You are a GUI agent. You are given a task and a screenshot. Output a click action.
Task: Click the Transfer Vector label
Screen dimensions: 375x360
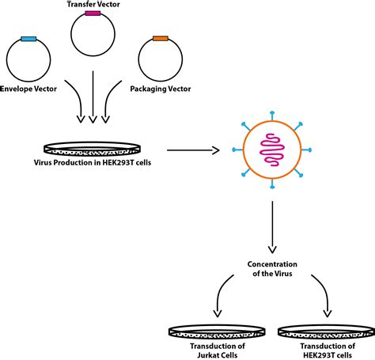[x=93, y=4]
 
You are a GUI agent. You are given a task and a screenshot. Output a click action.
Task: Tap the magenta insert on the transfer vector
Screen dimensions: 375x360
[x=93, y=13]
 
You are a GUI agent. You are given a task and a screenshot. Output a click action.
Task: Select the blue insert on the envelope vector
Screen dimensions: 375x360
[x=28, y=39]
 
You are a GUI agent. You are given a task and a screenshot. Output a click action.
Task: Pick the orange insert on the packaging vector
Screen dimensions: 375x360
[x=161, y=39]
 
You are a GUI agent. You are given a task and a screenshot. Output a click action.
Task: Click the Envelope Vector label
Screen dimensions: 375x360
[x=28, y=89]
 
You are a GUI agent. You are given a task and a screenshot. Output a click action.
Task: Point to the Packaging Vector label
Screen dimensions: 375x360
[x=161, y=89]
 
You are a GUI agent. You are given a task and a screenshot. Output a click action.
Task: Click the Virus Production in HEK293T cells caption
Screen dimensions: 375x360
[x=93, y=162]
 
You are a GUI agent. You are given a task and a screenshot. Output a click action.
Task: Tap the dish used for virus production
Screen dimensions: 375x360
[x=92, y=149]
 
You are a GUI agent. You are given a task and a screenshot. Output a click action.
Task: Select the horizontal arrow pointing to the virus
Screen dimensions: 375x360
[x=193, y=150]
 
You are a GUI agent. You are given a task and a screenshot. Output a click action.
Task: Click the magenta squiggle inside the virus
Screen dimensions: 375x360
[x=272, y=150]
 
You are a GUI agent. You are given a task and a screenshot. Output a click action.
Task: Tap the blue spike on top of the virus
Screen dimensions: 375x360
[x=272, y=116]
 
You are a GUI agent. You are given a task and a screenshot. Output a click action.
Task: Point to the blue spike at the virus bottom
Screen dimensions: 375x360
[x=272, y=184]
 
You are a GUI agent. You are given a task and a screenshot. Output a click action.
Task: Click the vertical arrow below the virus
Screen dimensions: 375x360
[x=272, y=227]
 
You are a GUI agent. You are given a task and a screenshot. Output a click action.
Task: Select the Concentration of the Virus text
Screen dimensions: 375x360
[x=272, y=269]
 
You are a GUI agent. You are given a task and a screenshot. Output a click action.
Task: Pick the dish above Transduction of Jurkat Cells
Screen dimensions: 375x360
[x=217, y=331]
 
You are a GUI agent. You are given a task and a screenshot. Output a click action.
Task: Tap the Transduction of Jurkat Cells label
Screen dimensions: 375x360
[x=218, y=351]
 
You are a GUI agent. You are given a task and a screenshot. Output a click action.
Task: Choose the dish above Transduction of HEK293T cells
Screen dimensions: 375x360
[x=327, y=331]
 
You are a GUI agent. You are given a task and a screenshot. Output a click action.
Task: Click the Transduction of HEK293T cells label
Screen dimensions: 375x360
[x=328, y=351]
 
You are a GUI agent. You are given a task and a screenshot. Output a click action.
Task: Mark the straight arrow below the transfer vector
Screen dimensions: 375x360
[x=93, y=97]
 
